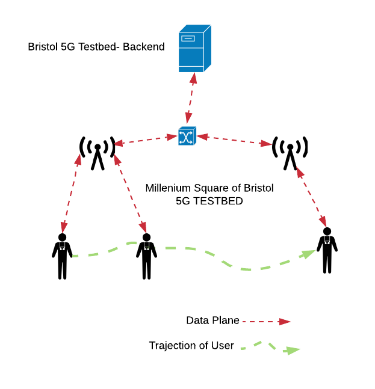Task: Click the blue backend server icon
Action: point(194,49)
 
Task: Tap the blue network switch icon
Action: point(187,136)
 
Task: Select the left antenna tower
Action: point(98,152)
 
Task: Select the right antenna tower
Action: point(290,152)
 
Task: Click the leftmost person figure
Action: point(62,256)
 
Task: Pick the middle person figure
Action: point(146,256)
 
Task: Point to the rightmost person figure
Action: point(327,250)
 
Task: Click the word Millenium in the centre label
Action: point(172,188)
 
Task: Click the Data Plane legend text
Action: point(212,320)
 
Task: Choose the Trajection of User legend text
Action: point(191,346)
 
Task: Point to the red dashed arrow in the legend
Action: point(266,322)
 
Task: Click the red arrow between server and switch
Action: point(190,99)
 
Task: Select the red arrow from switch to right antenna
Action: point(234,140)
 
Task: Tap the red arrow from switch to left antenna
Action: point(145,141)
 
